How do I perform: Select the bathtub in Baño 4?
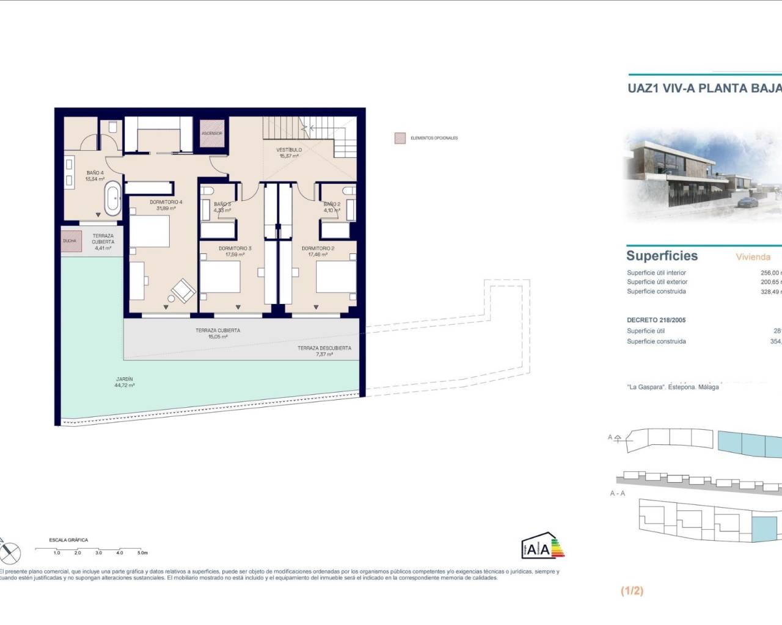(112, 198)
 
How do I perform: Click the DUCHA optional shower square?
(70, 241)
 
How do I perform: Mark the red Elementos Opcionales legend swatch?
(400, 139)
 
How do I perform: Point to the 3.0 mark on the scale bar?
(99, 552)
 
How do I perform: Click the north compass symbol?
(10, 552)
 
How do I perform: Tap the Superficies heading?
(662, 256)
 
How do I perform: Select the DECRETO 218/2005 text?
(656, 320)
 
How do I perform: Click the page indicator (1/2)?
(632, 590)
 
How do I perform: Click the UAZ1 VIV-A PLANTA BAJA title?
(704, 88)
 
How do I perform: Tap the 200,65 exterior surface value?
(770, 282)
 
